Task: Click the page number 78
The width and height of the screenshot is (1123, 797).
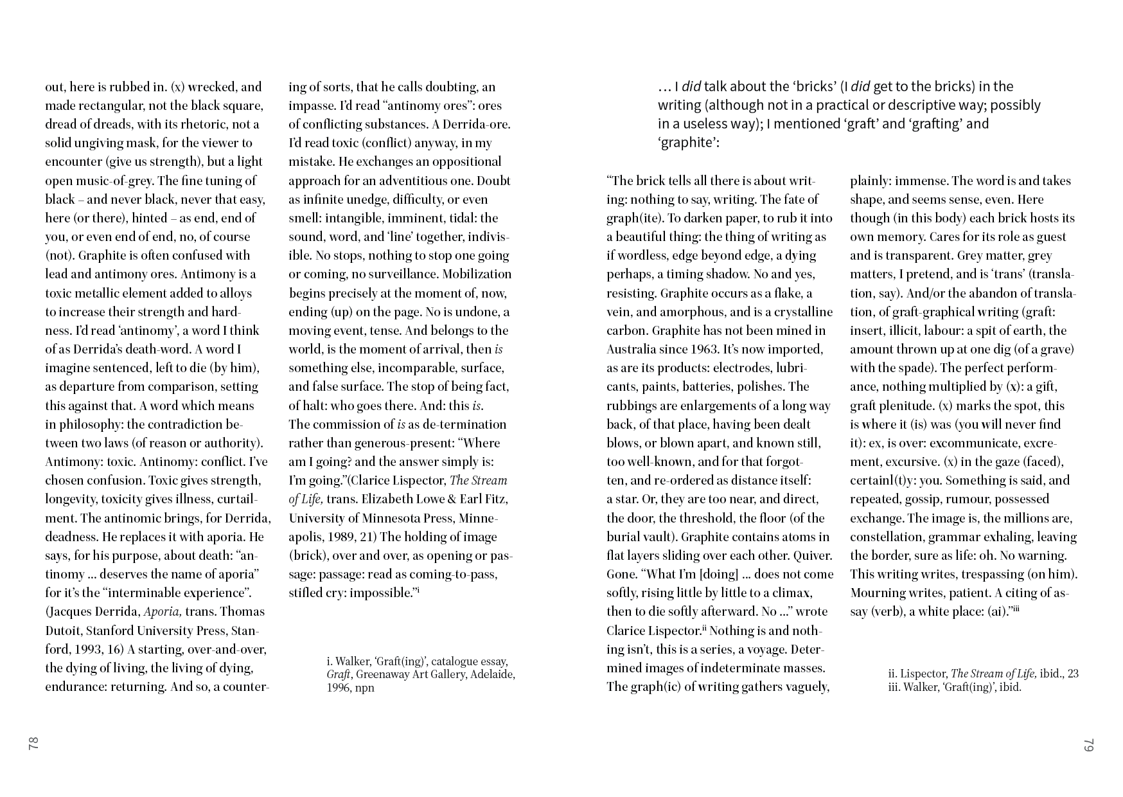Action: click(33, 744)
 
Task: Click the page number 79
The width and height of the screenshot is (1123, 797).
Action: click(1088, 744)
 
